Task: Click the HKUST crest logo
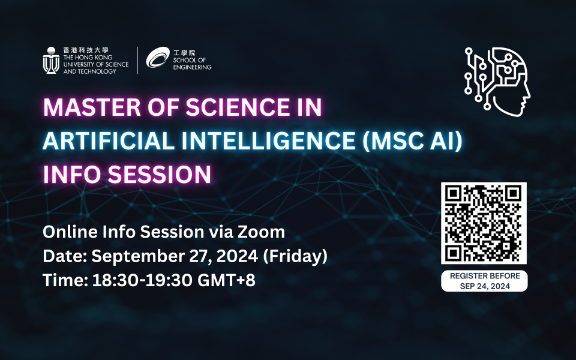tap(50, 60)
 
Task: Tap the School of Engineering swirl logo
tap(157, 59)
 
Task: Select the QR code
tap(484, 223)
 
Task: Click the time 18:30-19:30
tap(142, 280)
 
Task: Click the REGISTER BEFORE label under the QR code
tap(484, 277)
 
